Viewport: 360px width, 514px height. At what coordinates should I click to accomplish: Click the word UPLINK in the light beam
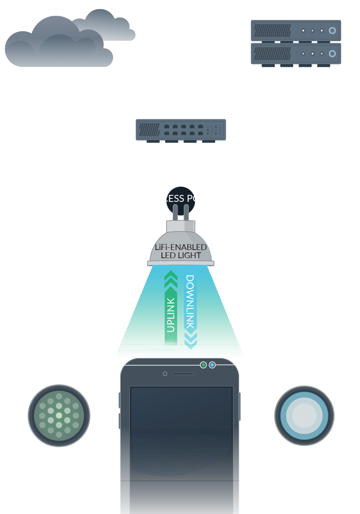tap(170, 315)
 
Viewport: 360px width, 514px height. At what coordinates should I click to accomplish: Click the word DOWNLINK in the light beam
tap(190, 302)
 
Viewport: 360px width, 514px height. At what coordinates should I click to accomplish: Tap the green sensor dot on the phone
tap(203, 365)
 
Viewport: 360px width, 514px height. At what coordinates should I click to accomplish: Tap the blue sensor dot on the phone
tap(212, 365)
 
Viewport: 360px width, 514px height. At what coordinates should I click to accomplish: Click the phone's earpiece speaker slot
tap(183, 374)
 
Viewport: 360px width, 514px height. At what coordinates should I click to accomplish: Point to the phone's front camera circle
tap(165, 374)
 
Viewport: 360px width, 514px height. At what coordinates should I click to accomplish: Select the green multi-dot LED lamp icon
tap(59, 416)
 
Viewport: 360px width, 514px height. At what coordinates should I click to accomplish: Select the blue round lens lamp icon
tap(304, 416)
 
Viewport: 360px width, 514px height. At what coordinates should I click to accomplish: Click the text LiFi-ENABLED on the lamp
tap(181, 247)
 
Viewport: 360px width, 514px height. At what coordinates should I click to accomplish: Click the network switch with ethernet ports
tap(181, 130)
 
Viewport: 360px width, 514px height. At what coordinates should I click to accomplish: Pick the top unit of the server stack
tap(296, 30)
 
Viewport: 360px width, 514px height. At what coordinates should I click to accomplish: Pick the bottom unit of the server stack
tap(296, 54)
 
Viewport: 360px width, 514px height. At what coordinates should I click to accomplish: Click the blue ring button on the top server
tap(332, 30)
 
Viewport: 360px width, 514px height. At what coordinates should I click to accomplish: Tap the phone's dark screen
tap(181, 446)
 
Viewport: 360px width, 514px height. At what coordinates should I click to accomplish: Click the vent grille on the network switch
tap(149, 130)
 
